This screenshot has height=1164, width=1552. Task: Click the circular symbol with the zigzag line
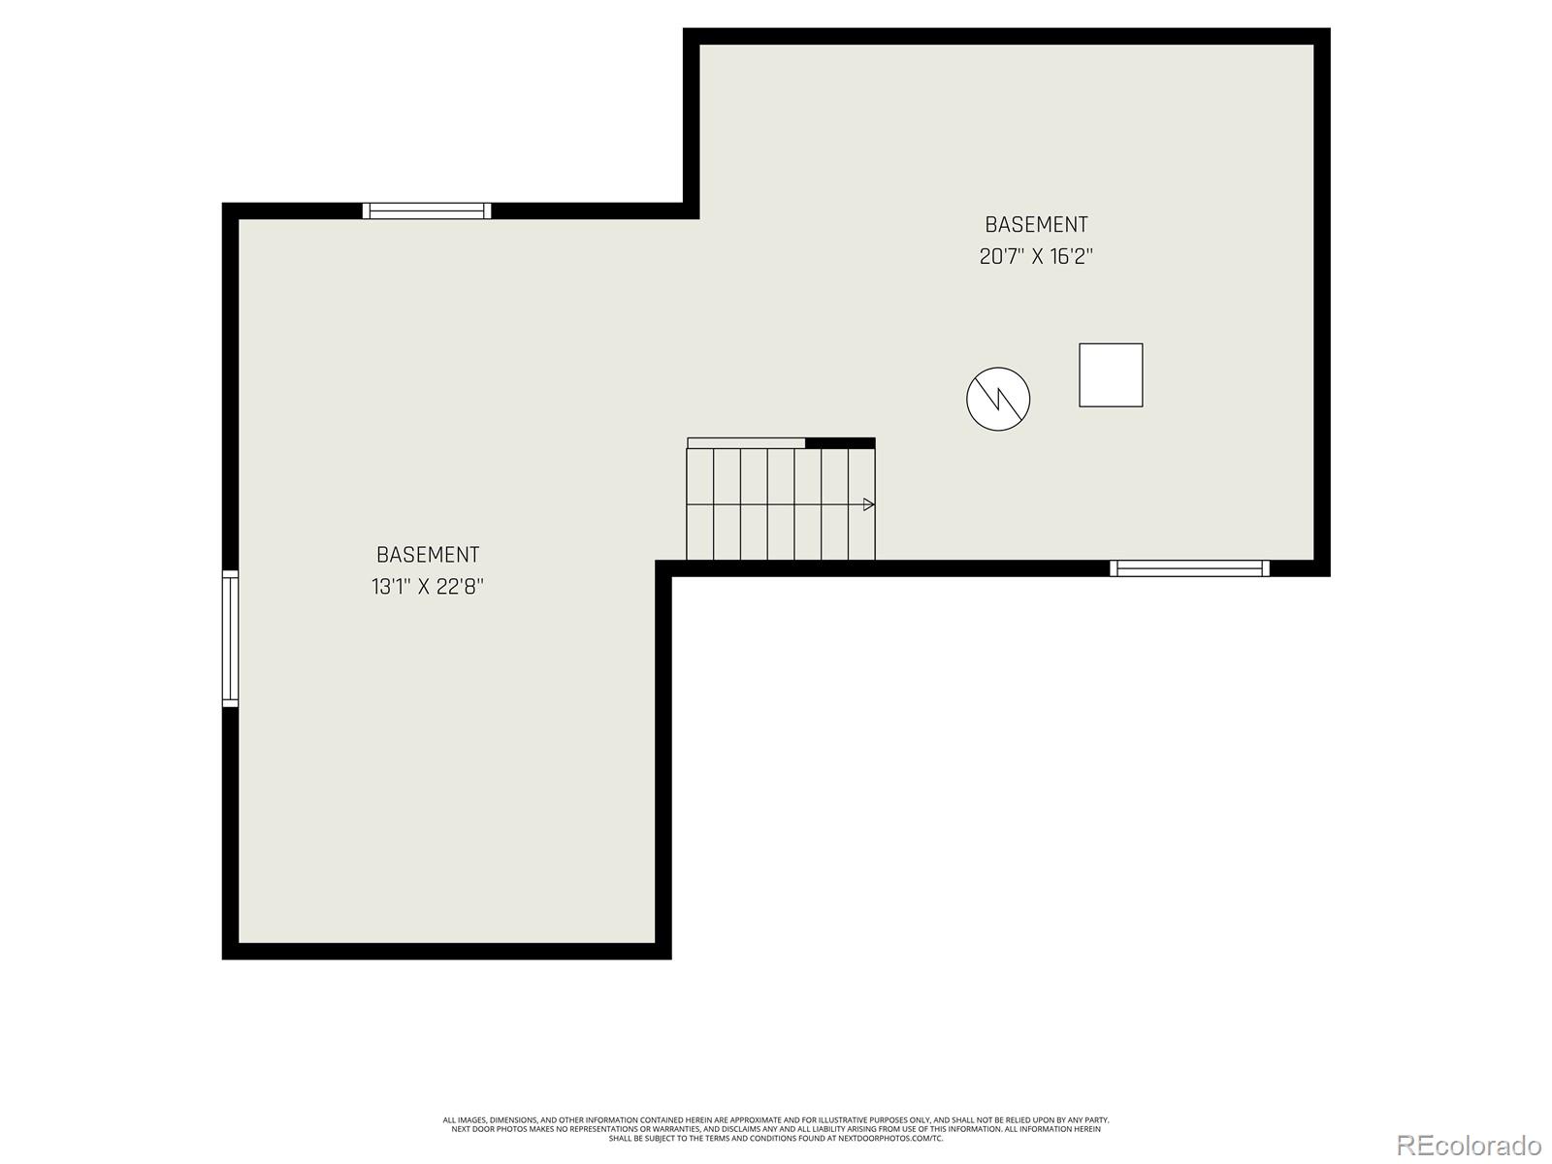click(998, 399)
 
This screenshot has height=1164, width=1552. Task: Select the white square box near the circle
click(1111, 374)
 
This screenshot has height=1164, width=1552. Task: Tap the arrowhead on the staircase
click(869, 504)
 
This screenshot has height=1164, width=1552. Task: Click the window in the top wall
click(427, 210)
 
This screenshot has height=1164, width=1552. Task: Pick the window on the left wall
click(230, 637)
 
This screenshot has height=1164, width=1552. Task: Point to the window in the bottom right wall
click(1189, 568)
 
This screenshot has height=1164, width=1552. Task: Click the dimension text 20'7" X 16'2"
click(1036, 257)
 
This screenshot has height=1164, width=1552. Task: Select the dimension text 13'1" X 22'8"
click(427, 587)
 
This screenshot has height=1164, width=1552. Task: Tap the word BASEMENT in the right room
click(1036, 224)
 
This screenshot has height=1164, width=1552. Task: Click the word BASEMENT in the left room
click(427, 555)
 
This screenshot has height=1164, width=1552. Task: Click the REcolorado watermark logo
click(1469, 1145)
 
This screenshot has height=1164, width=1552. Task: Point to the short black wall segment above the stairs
click(840, 443)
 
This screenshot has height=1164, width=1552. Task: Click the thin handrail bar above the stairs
click(746, 443)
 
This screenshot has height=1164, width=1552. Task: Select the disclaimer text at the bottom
click(776, 1128)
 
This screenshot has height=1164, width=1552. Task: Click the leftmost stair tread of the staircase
click(699, 504)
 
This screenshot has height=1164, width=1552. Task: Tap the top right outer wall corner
click(1322, 36)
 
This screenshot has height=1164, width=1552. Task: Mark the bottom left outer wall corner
click(230, 952)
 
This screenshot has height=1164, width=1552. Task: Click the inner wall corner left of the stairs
click(664, 568)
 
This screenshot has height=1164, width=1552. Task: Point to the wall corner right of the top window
click(692, 210)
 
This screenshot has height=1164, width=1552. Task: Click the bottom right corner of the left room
click(663, 951)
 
